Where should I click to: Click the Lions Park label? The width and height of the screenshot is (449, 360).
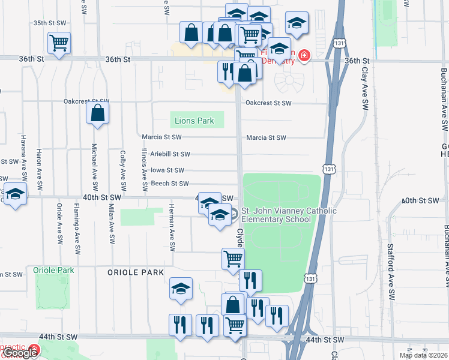click(x=194, y=121)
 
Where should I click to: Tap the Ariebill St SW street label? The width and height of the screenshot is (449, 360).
click(x=170, y=154)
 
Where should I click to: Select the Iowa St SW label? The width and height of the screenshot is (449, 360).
click(x=167, y=170)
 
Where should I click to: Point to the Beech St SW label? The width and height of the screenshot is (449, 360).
click(x=169, y=184)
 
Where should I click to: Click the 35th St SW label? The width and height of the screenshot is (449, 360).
click(x=49, y=23)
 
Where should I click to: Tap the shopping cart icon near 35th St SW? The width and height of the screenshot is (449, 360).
click(x=59, y=43)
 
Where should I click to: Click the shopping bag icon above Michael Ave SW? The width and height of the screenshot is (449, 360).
click(x=97, y=112)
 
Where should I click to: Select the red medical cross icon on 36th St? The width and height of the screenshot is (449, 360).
click(x=304, y=56)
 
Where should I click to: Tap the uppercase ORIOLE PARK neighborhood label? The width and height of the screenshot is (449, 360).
click(x=136, y=272)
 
